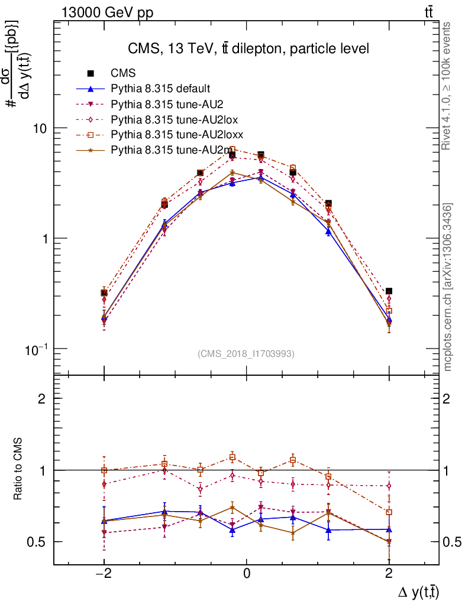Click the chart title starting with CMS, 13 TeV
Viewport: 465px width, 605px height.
click(248, 49)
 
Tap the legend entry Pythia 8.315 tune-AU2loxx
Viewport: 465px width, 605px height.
click(169, 134)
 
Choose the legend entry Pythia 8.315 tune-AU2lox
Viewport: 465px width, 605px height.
click(166, 119)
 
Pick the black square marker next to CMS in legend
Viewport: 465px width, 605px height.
click(91, 73)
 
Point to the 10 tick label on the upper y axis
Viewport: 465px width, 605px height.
click(40, 128)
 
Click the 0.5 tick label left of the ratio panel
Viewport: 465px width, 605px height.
click(37, 542)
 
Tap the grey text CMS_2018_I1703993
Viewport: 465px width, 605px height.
click(246, 354)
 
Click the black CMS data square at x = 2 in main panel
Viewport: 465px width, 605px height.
click(389, 291)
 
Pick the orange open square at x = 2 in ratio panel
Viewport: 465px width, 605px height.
click(389, 512)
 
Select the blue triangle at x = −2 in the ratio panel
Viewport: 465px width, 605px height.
click(104, 521)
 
